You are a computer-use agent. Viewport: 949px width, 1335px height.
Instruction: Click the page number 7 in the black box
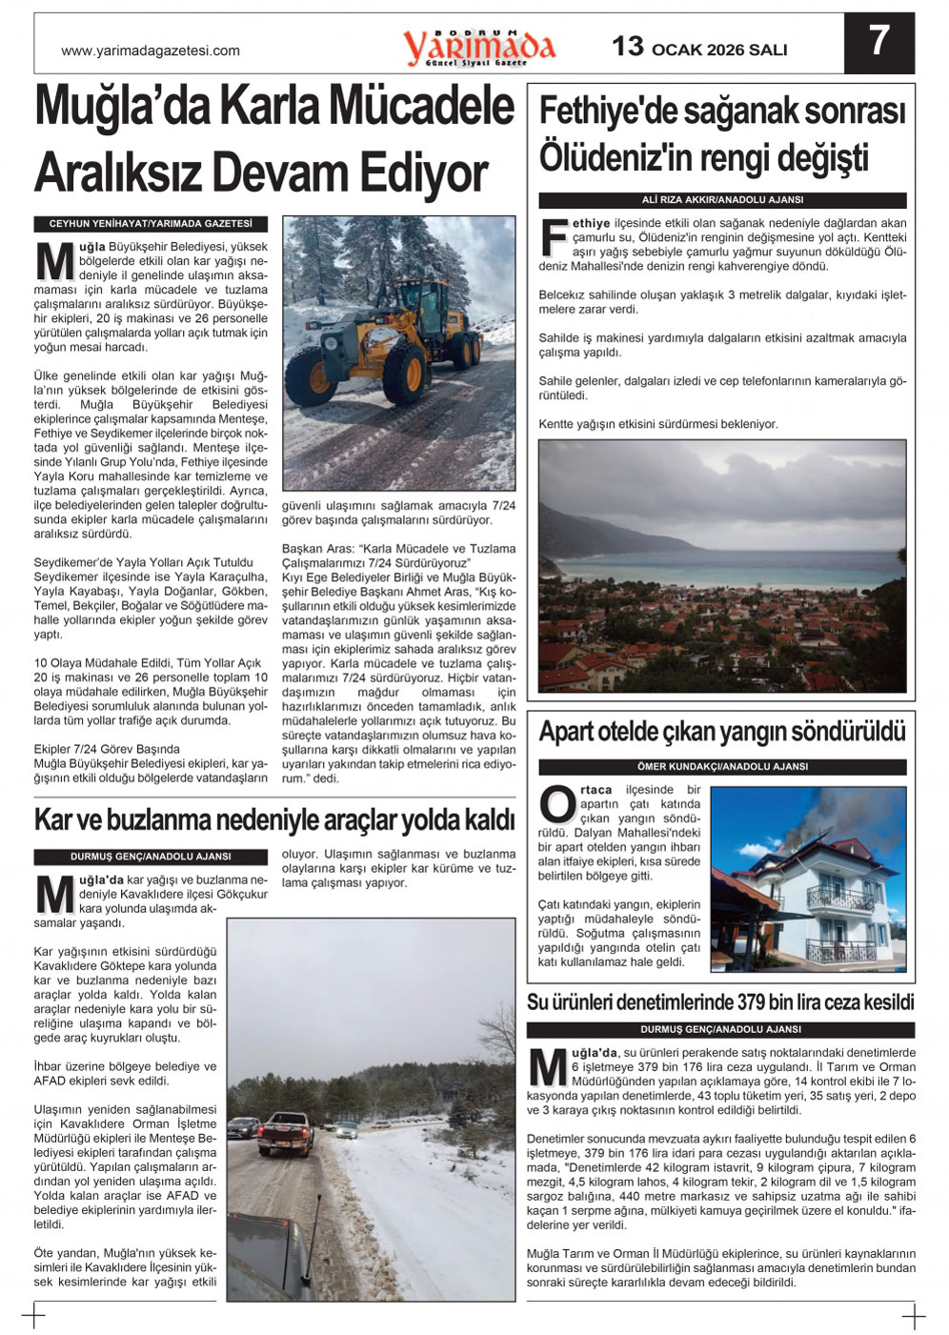pos(878,42)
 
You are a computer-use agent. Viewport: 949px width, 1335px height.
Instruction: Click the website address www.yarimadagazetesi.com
pos(151,51)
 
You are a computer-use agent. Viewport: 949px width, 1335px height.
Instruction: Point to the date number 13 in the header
pos(628,47)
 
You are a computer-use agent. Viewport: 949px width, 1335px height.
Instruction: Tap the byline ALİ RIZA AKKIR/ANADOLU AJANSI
pos(722,200)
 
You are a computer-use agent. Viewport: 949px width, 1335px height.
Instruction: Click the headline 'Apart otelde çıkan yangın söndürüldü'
pos(721,732)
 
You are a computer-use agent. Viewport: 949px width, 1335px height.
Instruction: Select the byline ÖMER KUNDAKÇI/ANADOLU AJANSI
pos(722,766)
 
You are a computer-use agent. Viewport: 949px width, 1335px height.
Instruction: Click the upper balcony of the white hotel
pos(839,898)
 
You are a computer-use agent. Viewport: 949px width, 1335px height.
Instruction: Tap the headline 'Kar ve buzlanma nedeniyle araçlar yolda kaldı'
pos(274,819)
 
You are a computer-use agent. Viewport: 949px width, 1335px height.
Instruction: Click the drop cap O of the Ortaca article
pos(557,804)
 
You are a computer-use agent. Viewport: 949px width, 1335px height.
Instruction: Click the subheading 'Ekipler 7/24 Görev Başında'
pos(107,749)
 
